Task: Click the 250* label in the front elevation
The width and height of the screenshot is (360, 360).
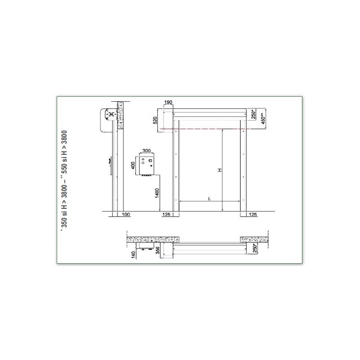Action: coord(254,114)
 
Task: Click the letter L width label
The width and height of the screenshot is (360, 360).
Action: coord(209,198)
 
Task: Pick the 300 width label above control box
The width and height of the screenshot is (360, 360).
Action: coord(147,151)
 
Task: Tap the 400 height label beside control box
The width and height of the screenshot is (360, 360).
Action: coord(133,165)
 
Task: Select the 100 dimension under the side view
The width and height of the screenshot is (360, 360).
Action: coord(126,215)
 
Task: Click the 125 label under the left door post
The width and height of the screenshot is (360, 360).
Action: coord(166,215)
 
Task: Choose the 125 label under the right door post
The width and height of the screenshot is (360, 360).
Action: coord(253,215)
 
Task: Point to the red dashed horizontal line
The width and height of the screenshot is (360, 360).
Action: coord(211,129)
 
